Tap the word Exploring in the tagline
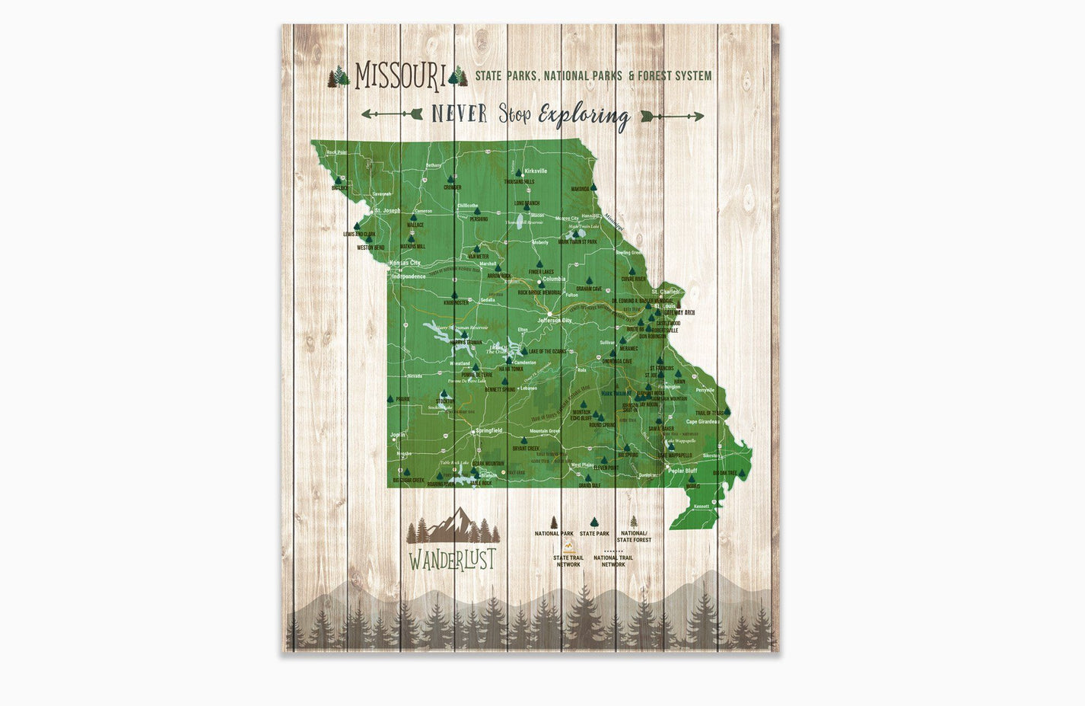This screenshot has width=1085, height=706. click(x=584, y=116)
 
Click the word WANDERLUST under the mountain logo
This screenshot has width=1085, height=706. click(x=452, y=560)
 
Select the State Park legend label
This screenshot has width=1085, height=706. click(x=594, y=534)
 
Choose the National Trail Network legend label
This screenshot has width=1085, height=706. click(x=613, y=561)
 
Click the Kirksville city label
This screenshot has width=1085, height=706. click(x=536, y=171)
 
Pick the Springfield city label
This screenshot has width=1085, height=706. click(x=488, y=431)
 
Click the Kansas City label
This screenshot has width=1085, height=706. click(x=405, y=263)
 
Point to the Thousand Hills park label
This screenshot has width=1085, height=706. click(x=519, y=182)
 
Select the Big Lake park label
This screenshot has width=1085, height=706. click(x=340, y=187)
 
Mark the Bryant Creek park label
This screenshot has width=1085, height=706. click(x=525, y=449)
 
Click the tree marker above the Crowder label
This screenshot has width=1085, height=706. click(x=451, y=180)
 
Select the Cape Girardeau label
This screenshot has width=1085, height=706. click(x=702, y=421)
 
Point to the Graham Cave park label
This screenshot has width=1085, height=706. click(x=588, y=289)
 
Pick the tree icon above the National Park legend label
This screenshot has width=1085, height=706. click(x=554, y=522)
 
